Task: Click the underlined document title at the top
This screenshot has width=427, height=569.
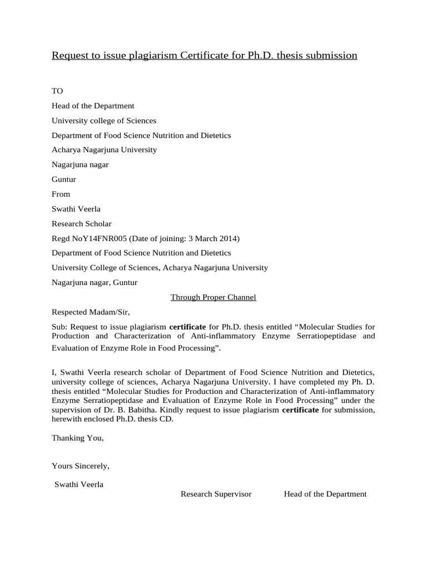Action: click(x=204, y=56)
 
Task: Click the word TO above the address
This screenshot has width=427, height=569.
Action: click(x=58, y=91)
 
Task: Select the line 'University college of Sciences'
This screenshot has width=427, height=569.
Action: click(x=104, y=121)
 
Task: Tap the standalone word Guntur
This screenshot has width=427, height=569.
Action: click(x=64, y=179)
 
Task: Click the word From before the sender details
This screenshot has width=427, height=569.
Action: click(x=61, y=194)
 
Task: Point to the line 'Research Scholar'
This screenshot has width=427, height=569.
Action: click(x=81, y=223)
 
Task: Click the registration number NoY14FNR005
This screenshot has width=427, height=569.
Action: click(x=96, y=238)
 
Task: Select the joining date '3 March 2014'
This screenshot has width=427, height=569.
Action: click(x=215, y=238)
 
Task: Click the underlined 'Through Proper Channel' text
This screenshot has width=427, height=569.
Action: click(x=213, y=297)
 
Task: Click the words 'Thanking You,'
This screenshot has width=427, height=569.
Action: click(x=78, y=438)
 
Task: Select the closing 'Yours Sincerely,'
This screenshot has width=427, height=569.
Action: click(x=81, y=466)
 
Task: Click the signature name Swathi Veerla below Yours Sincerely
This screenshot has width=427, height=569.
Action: click(x=79, y=484)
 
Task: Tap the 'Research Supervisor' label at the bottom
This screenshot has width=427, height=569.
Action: click(x=216, y=494)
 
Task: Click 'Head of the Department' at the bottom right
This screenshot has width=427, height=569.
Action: click(x=325, y=494)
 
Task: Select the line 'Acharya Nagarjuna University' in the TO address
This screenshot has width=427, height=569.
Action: click(x=104, y=149)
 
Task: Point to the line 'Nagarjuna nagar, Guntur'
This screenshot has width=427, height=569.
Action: click(x=94, y=282)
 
